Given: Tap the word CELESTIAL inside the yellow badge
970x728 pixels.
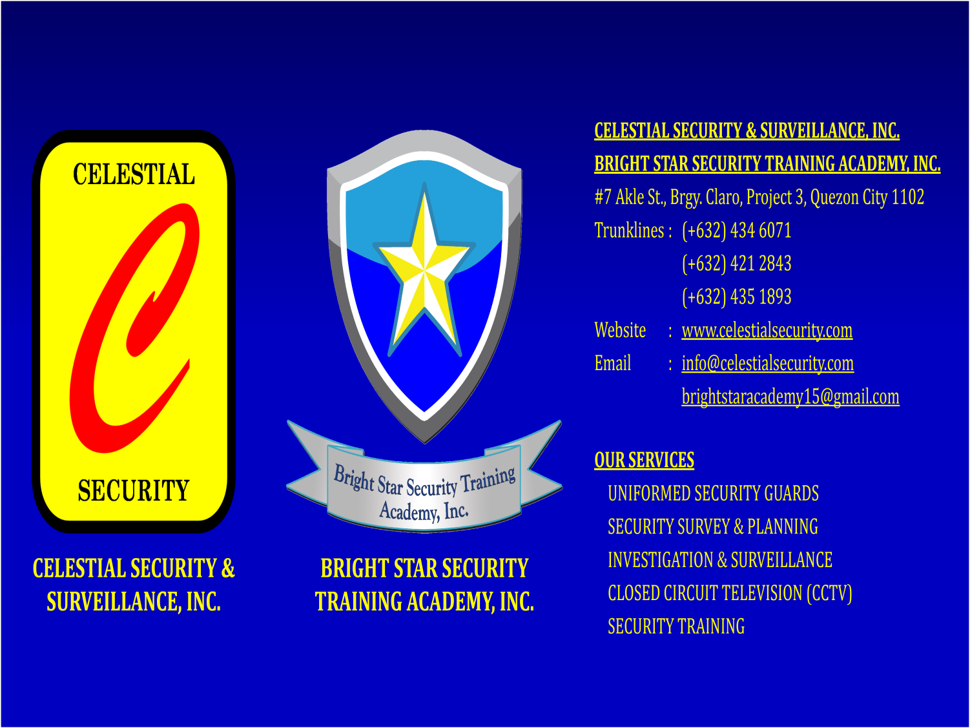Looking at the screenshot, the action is [x=134, y=174].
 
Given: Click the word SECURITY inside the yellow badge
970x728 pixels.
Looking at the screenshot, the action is [x=134, y=490].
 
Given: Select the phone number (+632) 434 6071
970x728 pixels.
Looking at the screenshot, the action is [x=737, y=231].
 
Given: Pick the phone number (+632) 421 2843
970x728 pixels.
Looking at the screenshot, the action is [x=737, y=264].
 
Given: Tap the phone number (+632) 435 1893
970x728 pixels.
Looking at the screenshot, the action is [x=737, y=297].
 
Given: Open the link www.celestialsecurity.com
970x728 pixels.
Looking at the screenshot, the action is [x=767, y=331].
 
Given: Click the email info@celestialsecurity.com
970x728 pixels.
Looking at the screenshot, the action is [x=768, y=364].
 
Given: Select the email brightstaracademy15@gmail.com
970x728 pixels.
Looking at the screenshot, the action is [x=790, y=397].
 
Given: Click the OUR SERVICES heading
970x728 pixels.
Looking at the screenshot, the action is [x=645, y=460].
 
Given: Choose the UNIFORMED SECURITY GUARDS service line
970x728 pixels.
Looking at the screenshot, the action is [x=713, y=494].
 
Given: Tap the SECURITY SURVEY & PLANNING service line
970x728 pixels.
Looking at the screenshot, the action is [x=713, y=527].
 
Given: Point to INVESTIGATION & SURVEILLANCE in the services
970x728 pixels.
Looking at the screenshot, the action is [x=720, y=560].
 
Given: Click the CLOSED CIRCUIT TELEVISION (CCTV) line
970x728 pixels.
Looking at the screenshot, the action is [x=730, y=594].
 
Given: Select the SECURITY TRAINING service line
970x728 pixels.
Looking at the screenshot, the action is [x=676, y=627].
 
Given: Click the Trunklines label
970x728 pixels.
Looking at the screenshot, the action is [x=629, y=231].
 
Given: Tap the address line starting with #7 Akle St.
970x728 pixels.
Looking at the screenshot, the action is [x=759, y=198].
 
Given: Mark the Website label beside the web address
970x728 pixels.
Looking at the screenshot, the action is [x=620, y=330].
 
